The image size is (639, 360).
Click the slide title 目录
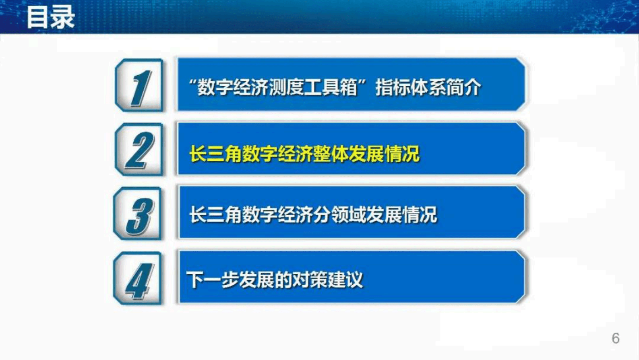pos(50,17)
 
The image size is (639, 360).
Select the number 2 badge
pos(139,150)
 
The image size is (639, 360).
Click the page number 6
pos(615,338)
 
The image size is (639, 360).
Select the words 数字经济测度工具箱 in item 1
pos(277,87)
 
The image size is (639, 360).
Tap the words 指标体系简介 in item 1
pos(428,87)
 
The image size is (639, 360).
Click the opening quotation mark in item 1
pos(192,83)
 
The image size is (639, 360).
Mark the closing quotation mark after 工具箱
pos(362,83)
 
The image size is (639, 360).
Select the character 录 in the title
pos(62,17)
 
